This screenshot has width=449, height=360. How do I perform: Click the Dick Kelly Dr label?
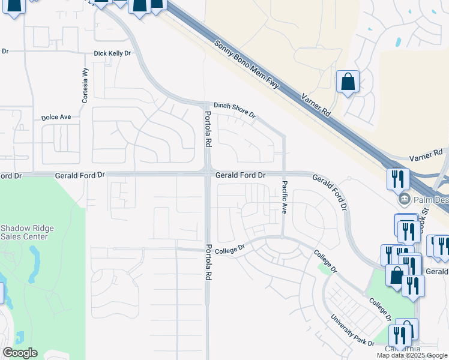point(112,53)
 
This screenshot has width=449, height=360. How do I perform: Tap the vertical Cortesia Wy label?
point(85,85)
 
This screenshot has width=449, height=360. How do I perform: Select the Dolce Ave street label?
point(56,117)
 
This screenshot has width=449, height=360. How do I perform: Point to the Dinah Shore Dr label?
point(231,110)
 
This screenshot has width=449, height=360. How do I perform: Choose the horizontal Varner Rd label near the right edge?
point(425,157)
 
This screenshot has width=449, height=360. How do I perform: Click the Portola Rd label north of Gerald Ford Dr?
point(208,130)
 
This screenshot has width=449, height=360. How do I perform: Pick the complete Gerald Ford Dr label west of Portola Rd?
point(80,175)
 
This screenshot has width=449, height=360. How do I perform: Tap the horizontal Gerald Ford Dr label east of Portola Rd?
point(240,175)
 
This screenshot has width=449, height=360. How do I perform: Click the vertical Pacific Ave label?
point(285,197)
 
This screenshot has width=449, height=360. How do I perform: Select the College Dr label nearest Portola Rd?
point(231,248)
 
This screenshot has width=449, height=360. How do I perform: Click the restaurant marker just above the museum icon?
point(398,178)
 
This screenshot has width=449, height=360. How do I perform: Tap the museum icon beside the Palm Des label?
point(403,198)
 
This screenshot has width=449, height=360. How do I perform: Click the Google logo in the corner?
point(20,352)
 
